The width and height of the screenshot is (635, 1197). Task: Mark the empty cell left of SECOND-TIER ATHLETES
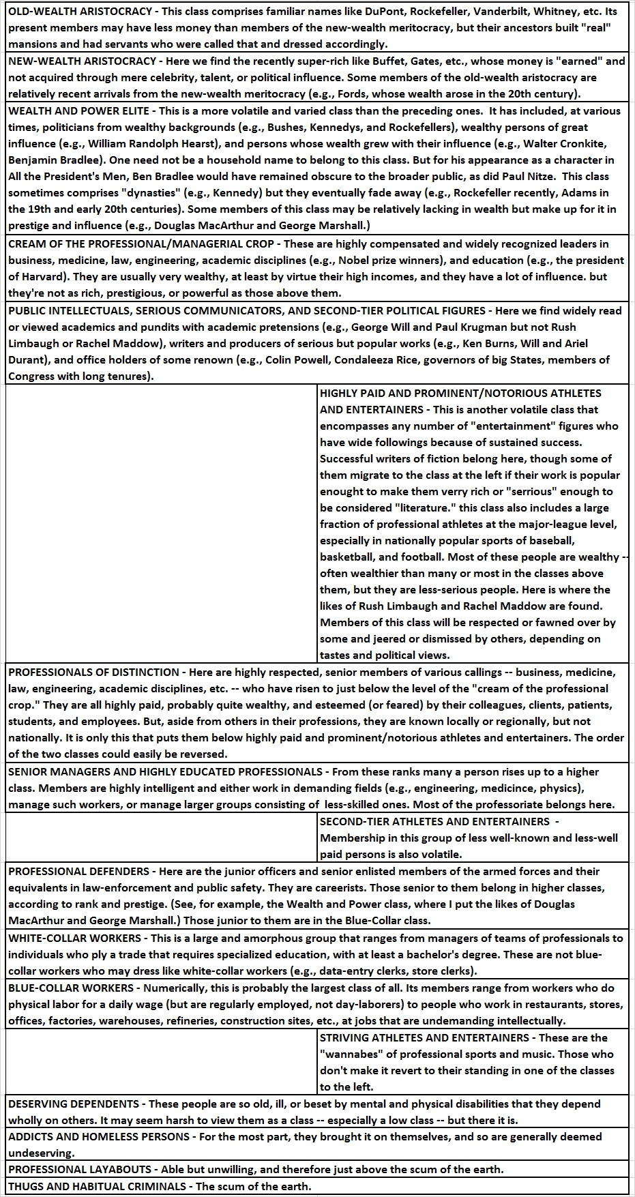162,838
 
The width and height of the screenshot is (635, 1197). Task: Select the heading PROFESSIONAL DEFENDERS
78,872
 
